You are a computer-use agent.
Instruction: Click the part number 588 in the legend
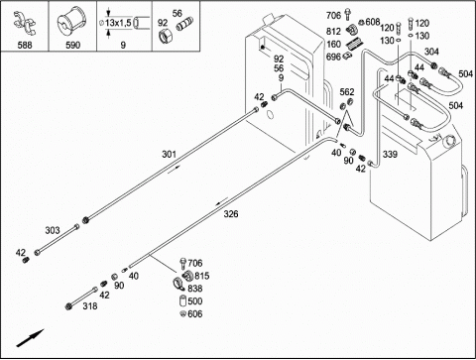[x=25, y=45]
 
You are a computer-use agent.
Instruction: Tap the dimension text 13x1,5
[x=118, y=23]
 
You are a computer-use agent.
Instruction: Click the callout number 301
[x=169, y=154]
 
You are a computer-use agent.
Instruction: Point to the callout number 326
[x=231, y=214]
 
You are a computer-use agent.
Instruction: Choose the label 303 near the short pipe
[x=53, y=230]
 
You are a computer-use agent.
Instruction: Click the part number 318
[x=90, y=306]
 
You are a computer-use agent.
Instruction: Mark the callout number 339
[x=390, y=154]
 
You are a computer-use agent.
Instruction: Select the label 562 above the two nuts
[x=347, y=92]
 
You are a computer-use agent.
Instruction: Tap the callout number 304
[x=431, y=52]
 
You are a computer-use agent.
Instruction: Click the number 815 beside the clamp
[x=201, y=276]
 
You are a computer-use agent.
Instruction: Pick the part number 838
[x=195, y=289]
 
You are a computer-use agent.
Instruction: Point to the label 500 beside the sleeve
[x=195, y=301]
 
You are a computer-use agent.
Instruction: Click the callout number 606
[x=195, y=313]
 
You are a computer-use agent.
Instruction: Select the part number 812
[x=333, y=32]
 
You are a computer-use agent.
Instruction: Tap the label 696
[x=333, y=57]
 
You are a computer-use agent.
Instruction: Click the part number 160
[x=333, y=44]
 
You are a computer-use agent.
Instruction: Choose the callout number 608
[x=373, y=22]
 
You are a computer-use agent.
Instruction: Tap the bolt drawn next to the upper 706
[x=347, y=15]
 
